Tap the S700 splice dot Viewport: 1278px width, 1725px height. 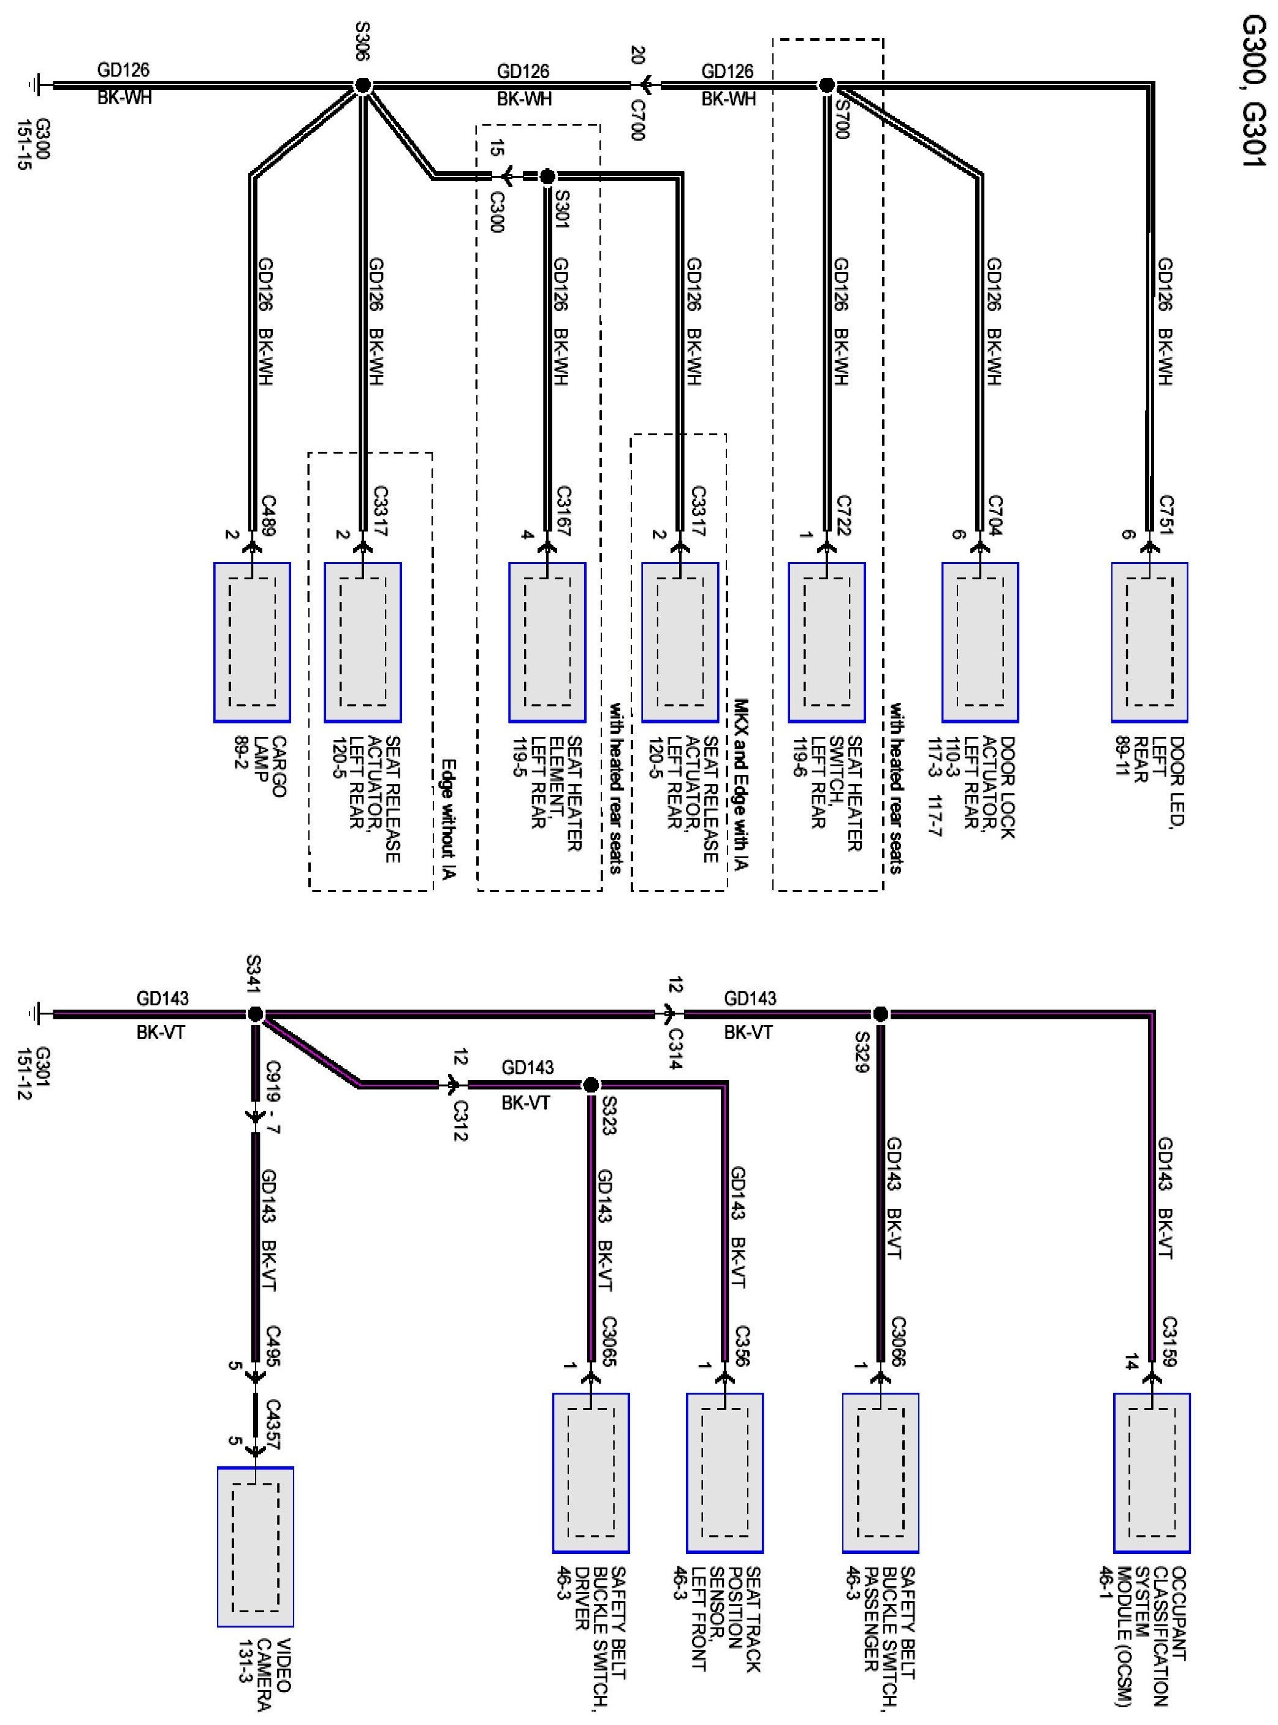tap(826, 85)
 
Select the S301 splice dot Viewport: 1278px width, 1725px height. tap(547, 177)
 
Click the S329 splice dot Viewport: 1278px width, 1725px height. tap(880, 1013)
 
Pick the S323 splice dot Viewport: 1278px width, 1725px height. tap(590, 1084)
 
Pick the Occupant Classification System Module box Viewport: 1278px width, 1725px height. tap(1152, 1474)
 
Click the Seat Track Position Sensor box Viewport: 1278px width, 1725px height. tap(724, 1474)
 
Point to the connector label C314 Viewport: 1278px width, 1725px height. tap(675, 1049)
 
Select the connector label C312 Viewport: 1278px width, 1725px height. tap(460, 1120)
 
